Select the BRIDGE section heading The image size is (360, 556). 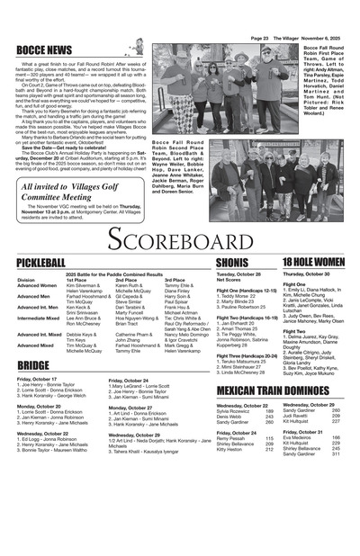coord(33,365)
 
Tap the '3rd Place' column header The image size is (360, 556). coord(175,280)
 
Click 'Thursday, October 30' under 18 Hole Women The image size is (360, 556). coord(306,274)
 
